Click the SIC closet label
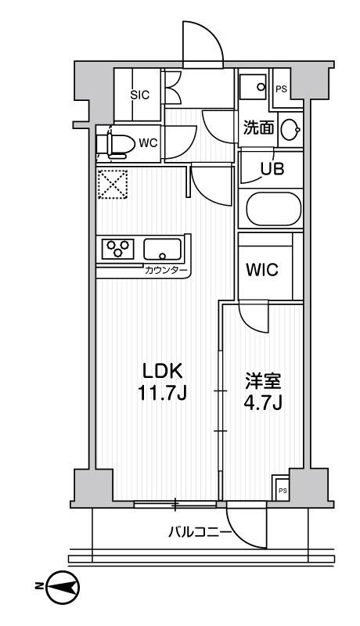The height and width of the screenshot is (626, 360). click(x=139, y=95)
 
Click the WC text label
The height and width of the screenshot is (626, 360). click(x=149, y=144)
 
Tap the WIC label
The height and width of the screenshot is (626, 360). click(x=261, y=269)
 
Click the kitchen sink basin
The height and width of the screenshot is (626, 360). click(x=162, y=250)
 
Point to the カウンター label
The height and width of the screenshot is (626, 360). click(x=166, y=271)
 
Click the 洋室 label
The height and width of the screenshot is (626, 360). click(x=260, y=383)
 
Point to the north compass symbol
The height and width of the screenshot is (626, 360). click(x=61, y=586)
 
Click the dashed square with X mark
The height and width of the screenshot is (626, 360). click(x=111, y=185)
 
